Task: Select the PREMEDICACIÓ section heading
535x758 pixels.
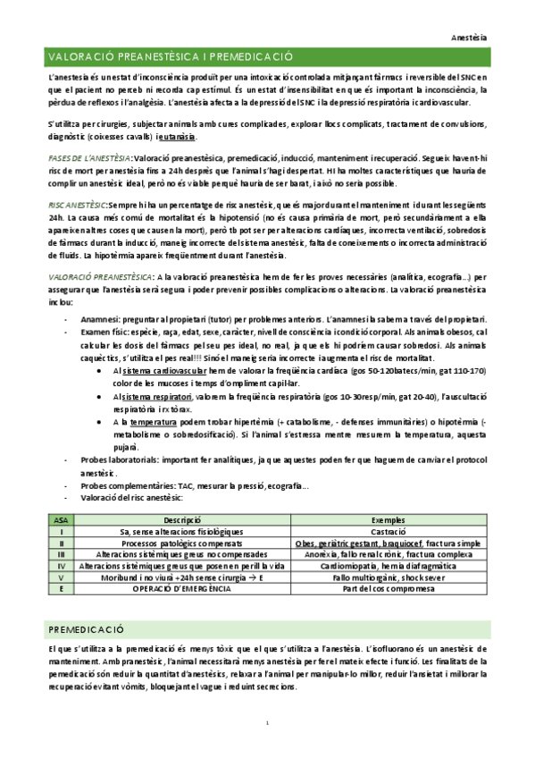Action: click(87, 629)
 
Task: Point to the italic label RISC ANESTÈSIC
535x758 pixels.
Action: click(79, 205)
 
